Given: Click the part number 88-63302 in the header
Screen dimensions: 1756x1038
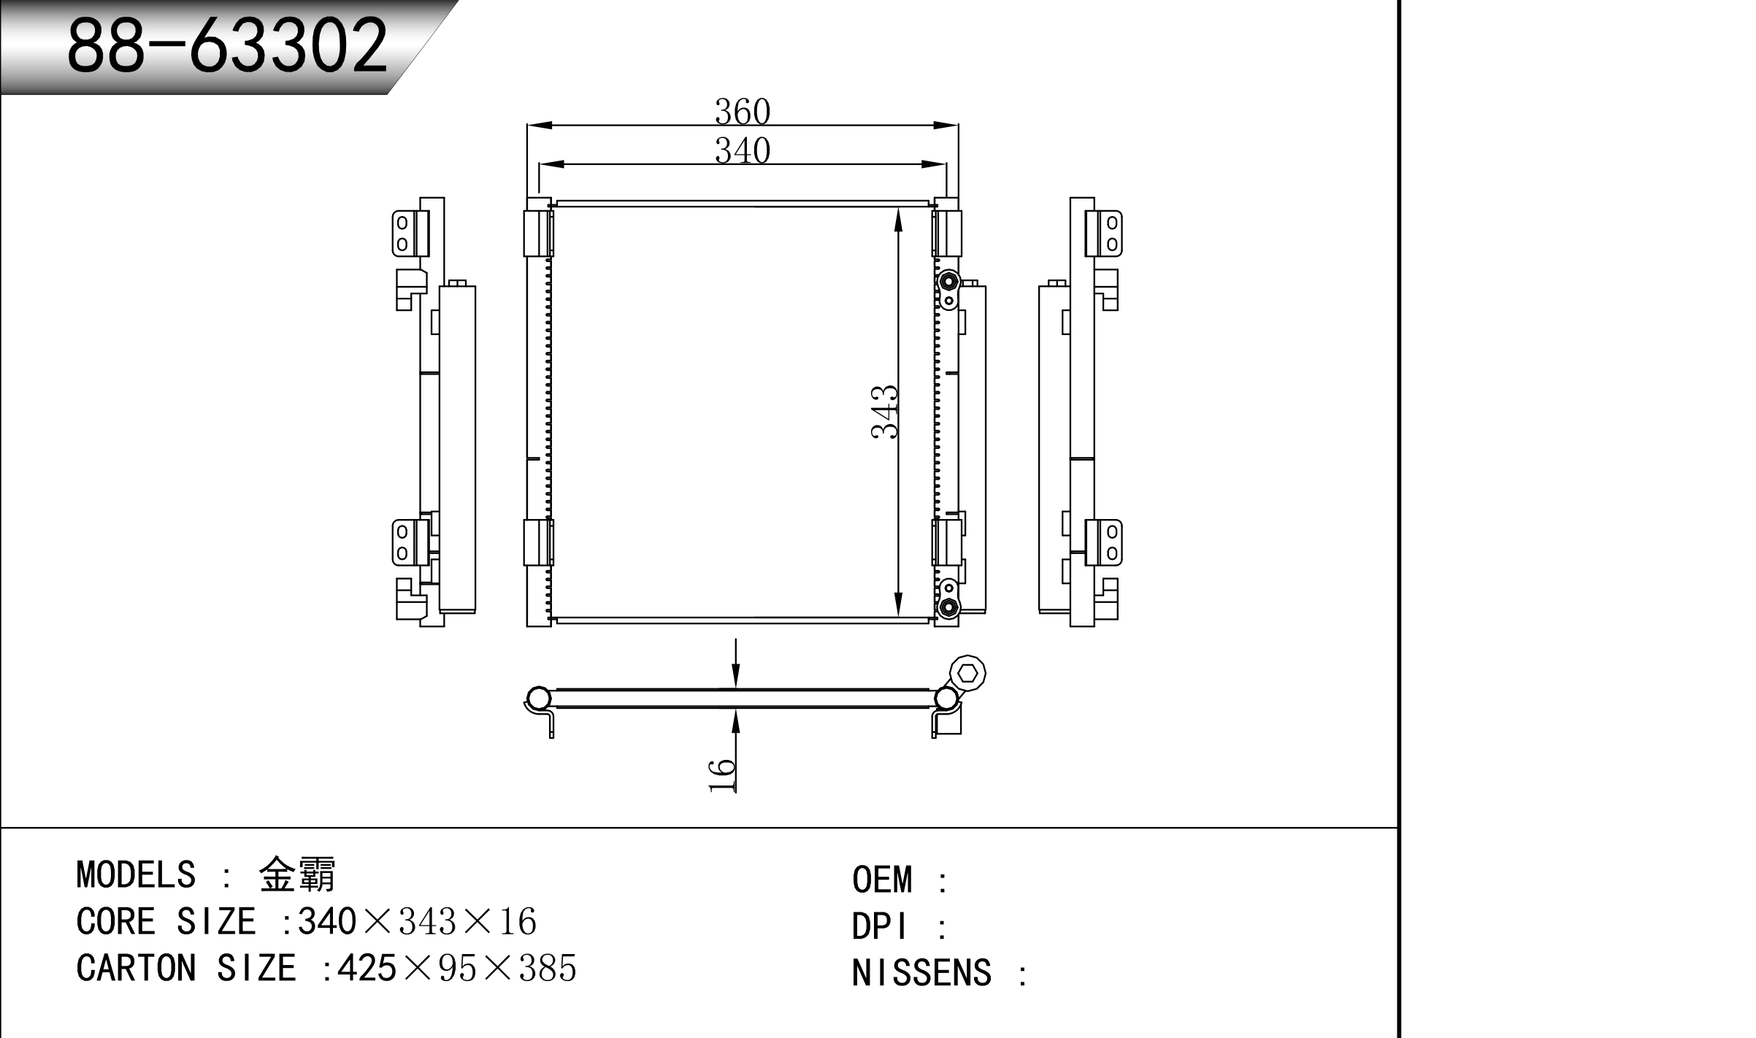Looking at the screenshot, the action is (x=227, y=45).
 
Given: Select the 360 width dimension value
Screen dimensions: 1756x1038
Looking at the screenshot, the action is (x=743, y=112).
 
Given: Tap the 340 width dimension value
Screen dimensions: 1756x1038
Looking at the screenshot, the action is (x=743, y=150).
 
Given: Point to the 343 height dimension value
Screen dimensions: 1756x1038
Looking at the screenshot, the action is (x=884, y=412).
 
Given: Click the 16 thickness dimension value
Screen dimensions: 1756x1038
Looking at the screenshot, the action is (x=722, y=774).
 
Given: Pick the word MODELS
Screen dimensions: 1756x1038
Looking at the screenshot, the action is (x=136, y=874).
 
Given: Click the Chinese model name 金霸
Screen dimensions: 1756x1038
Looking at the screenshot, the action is (x=297, y=874).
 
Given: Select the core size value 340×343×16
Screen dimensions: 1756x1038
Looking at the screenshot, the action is (x=417, y=921).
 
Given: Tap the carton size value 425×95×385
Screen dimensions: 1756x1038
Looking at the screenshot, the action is (x=456, y=968).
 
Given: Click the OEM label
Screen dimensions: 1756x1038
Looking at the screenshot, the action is (x=882, y=880).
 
